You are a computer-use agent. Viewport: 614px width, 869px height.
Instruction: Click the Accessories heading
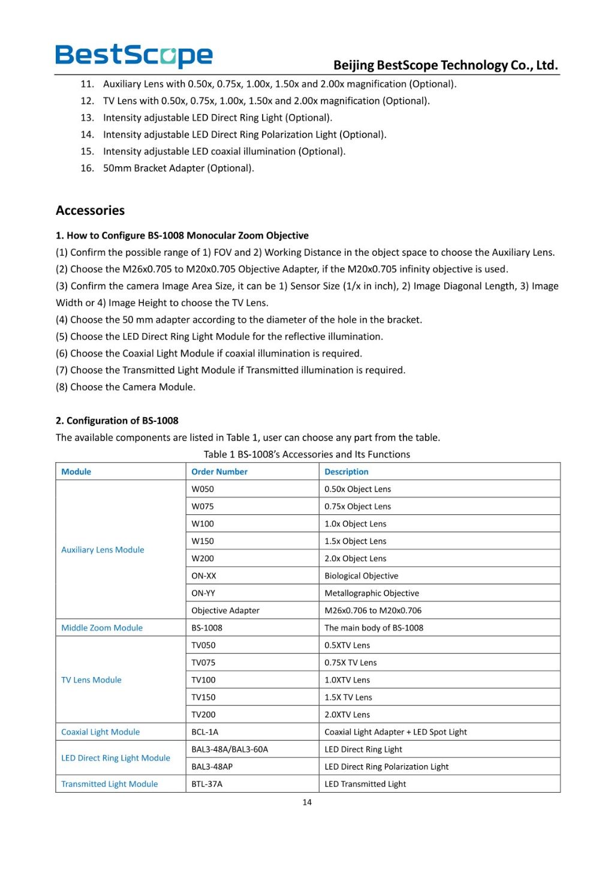[90, 211]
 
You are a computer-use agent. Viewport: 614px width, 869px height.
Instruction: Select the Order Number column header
[219, 472]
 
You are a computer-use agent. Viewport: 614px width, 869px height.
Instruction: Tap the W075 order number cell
[203, 507]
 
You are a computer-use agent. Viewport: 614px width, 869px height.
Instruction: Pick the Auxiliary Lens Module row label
[103, 550]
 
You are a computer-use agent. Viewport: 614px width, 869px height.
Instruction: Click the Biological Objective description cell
[361, 576]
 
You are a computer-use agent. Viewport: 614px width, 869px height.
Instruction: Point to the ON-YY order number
[203, 594]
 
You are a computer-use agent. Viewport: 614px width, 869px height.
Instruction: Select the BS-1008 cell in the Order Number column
[207, 628]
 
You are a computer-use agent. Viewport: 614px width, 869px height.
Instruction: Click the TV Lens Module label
[91, 680]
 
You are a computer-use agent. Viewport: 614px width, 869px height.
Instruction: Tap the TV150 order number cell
[203, 697]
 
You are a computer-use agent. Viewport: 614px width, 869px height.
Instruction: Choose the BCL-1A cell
[205, 732]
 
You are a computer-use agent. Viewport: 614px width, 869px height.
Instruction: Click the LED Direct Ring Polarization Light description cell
[386, 767]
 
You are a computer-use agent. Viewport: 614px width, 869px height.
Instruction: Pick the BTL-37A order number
[207, 784]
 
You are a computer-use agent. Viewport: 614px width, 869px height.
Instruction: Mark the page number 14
[307, 802]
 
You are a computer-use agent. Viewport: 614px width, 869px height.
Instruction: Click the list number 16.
[87, 169]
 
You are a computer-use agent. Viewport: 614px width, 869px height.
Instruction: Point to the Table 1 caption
[307, 455]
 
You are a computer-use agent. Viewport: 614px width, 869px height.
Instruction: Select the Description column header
[347, 472]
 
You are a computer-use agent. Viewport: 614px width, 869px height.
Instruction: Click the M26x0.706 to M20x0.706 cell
[373, 611]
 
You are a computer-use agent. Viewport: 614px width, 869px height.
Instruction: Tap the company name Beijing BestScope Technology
[446, 65]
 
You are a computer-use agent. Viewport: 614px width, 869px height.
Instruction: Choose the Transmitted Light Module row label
[110, 784]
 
